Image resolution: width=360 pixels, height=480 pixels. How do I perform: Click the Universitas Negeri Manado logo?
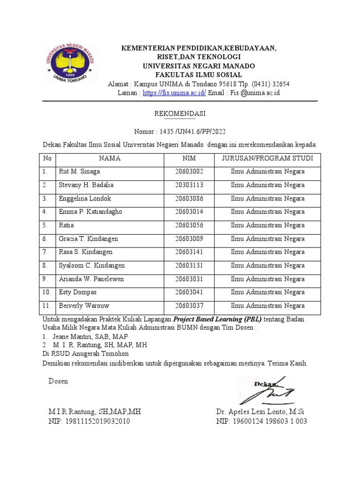pos(69,63)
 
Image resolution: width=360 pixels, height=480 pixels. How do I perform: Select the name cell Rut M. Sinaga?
pos(79,172)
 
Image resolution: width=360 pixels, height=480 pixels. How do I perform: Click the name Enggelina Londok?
pos(85,199)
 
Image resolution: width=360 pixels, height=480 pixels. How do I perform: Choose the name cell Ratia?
pos(66,225)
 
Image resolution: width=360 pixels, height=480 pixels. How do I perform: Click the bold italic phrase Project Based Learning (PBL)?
pos(217,319)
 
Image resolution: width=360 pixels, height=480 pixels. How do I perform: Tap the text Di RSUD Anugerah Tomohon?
pos(85,354)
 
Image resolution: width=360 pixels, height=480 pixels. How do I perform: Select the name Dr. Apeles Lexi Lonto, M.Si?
pos(260,412)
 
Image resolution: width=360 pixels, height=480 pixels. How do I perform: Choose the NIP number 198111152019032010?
pos(89,421)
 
